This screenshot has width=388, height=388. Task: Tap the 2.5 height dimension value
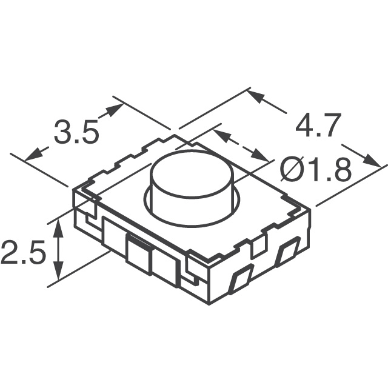22,253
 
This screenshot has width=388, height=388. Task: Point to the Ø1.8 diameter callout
316,172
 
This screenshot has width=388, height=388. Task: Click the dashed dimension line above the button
241,145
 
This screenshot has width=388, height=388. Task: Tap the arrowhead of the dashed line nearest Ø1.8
261,158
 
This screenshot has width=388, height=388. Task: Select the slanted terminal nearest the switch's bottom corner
242,278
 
